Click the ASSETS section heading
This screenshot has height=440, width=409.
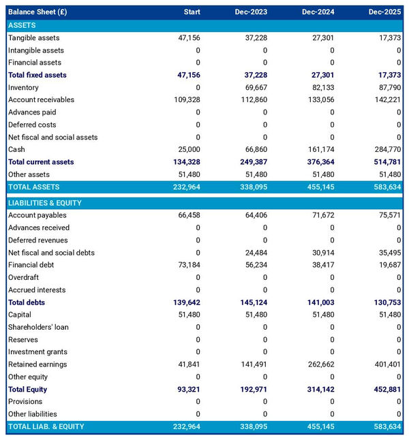(22, 25)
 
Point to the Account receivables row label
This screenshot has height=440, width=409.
(41, 100)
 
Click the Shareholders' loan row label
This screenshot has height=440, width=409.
(37, 327)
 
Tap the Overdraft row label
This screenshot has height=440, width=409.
(25, 278)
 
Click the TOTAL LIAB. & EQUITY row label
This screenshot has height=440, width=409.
(46, 426)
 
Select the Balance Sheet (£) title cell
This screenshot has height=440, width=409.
(37, 12)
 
